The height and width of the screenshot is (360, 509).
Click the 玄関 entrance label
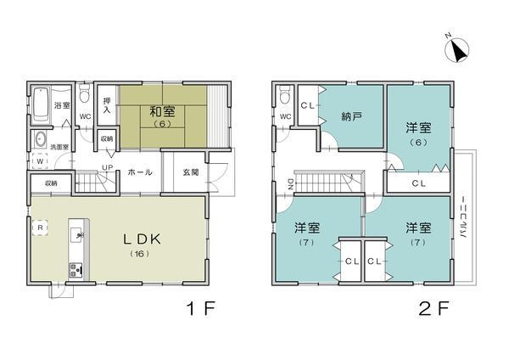tap(191, 172)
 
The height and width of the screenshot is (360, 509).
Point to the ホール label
tap(139, 172)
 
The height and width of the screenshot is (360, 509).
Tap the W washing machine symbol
tap(39, 160)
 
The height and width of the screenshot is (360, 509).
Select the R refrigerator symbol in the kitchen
tap(39, 228)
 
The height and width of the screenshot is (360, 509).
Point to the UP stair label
tap(108, 166)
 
